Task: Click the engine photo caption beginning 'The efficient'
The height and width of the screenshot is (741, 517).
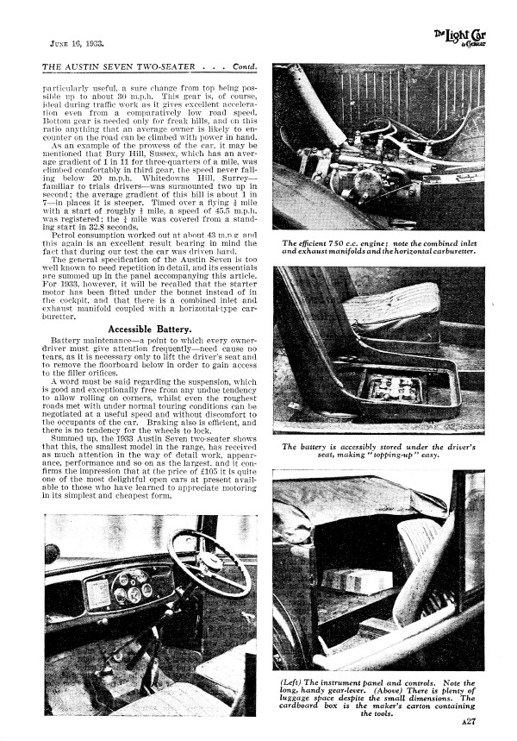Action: click(378, 248)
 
